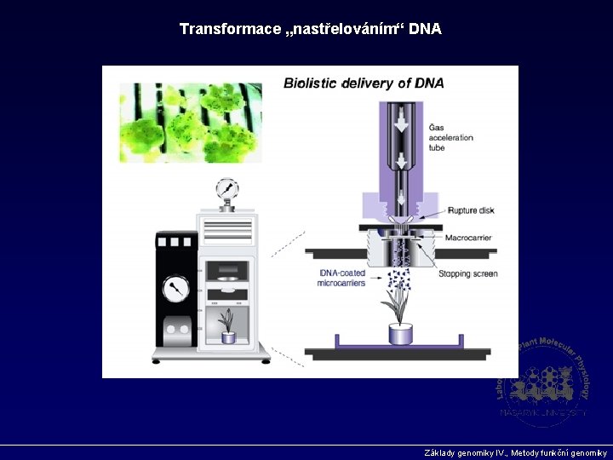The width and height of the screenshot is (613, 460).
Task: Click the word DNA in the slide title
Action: tap(425, 29)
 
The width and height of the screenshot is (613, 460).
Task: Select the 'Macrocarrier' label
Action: tap(470, 238)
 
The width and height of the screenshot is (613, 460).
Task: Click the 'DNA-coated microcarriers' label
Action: tap(341, 278)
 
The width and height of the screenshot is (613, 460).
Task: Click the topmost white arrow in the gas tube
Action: tap(398, 114)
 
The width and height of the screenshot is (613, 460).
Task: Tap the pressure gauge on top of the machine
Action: tap(226, 188)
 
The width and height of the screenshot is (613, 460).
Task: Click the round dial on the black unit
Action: tap(176, 288)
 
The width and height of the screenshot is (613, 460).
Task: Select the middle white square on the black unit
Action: tap(175, 242)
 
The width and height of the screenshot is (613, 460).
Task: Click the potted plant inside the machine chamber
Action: tap(227, 325)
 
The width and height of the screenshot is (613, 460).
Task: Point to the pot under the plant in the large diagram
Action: tap(399, 333)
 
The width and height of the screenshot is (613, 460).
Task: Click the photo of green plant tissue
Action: tap(191, 122)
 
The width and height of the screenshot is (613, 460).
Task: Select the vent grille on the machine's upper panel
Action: tap(226, 229)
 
